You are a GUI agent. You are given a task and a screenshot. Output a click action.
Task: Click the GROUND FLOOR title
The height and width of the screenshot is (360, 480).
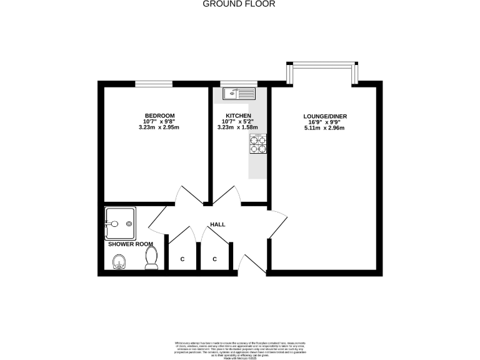tap(240, 4)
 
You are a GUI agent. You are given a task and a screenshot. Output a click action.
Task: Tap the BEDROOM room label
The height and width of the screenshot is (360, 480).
tap(159, 116)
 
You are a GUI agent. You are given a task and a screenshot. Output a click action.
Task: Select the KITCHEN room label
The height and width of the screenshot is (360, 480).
tap(238, 116)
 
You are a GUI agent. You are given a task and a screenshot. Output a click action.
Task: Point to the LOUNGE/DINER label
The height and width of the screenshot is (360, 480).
tap(324, 116)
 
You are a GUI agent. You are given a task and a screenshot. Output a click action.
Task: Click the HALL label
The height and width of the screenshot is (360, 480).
tap(217, 224)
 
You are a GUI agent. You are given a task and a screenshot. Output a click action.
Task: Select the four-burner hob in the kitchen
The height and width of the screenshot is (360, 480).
tap(258, 144)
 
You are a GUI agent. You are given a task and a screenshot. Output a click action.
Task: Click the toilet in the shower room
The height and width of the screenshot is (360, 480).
tap(151, 258)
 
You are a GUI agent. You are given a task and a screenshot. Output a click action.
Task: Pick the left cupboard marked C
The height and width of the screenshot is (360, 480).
tap(182, 259)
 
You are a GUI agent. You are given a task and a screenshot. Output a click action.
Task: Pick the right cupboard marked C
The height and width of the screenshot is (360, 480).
tap(214, 259)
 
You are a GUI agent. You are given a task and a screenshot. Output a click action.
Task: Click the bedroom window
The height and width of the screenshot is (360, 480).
tap(154, 83)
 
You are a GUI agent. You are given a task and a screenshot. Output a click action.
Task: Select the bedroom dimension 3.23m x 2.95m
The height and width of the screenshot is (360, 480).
tap(159, 128)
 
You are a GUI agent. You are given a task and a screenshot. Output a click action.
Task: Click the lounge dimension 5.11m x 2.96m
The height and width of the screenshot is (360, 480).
tap(324, 128)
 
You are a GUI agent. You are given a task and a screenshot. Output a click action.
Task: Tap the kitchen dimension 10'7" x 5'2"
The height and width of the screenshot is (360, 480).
tap(238, 122)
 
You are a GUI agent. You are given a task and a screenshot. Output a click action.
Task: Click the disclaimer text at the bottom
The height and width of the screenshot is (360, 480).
tap(240, 349)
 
